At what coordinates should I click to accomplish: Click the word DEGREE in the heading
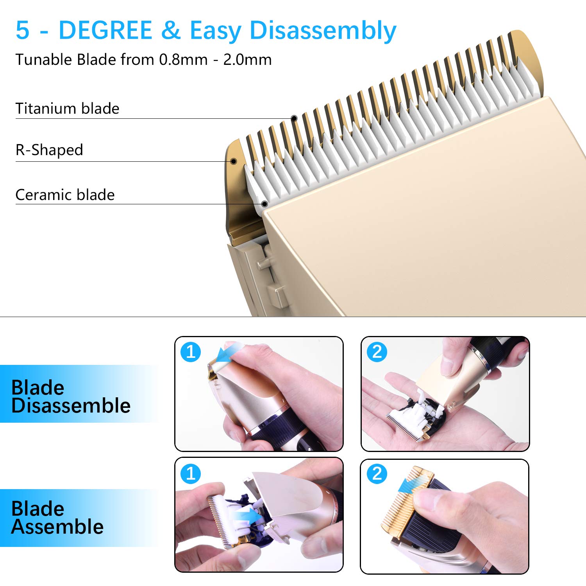coord(105,30)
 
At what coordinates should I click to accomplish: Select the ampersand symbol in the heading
coord(170,30)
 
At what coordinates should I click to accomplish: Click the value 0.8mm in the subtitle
coord(183,60)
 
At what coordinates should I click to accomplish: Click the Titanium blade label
coord(67,109)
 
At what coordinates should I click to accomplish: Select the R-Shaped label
coord(49,150)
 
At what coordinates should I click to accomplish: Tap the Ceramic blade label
coord(65,195)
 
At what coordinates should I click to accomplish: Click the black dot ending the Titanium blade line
coord(294,118)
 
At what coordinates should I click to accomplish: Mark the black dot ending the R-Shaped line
coord(234,161)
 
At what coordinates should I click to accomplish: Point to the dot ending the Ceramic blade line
coord(264,204)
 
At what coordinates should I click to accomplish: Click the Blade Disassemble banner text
coord(70,397)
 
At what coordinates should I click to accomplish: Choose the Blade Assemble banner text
coord(57,518)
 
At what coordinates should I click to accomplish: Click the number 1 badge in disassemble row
coord(191,352)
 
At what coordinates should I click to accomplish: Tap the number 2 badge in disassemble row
coord(377,352)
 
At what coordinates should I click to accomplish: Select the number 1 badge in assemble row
coord(191,474)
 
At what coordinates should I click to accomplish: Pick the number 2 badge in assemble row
coord(377,474)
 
